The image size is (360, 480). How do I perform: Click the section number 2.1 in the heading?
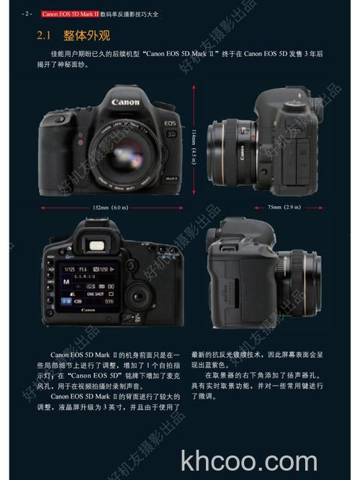pos(45,35)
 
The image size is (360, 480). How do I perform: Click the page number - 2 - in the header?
pos(27,13)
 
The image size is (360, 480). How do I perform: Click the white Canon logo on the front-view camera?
pos(125,102)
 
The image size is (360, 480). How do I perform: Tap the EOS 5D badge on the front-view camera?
pos(170,128)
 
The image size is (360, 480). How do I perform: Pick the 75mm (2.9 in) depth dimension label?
pos(283,208)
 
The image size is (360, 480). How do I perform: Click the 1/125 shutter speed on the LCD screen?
pos(69,268)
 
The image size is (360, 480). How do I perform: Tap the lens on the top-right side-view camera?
pos(228,146)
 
